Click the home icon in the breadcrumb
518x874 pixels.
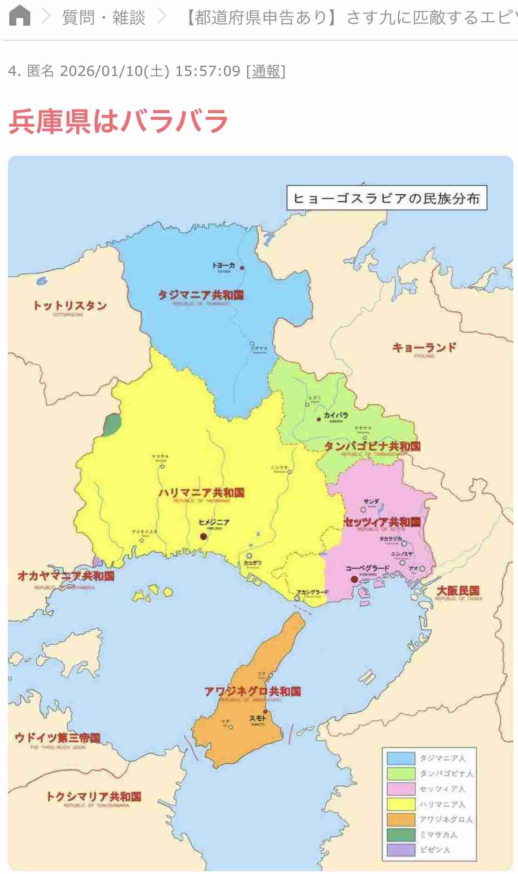click(20, 16)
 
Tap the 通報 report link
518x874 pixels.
click(266, 71)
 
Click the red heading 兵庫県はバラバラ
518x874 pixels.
click(118, 121)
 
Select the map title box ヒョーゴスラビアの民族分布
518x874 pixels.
click(386, 198)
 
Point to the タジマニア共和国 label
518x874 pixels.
click(201, 295)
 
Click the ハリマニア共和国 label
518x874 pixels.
click(201, 493)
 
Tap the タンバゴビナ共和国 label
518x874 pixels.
click(372, 446)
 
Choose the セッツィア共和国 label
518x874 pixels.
click(382, 522)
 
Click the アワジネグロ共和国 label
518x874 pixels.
click(252, 691)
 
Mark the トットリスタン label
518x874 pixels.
click(70, 306)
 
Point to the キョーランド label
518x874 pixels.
click(424, 348)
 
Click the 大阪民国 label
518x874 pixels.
click(458, 591)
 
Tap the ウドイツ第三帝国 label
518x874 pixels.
click(58, 737)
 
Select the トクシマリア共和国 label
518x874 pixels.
click(94, 797)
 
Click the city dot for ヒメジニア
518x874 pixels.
click(203, 536)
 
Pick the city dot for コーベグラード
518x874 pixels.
click(354, 579)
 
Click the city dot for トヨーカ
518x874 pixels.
click(242, 268)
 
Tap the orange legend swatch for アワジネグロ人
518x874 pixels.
click(401, 819)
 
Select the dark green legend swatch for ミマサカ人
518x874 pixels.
click(401, 834)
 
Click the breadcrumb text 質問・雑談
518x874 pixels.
click(104, 18)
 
